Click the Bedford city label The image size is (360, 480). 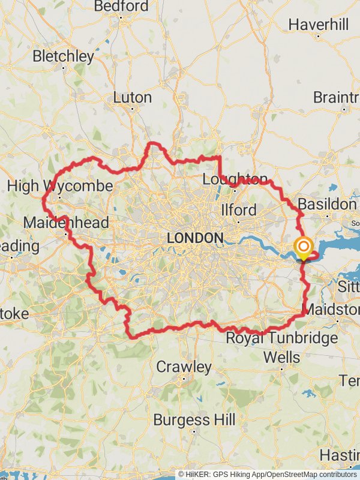[121, 7]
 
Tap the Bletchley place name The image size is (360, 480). [64, 56]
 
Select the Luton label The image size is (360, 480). [133, 97]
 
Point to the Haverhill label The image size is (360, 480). [318, 25]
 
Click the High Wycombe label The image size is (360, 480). [59, 186]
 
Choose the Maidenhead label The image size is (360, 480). [66, 223]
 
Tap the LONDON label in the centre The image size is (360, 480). [194, 238]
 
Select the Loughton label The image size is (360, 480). [235, 179]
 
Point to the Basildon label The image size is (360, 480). [327, 204]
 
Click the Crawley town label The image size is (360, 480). [184, 367]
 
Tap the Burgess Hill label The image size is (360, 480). [194, 420]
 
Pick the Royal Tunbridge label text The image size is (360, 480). [281, 338]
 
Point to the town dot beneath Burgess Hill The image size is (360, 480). [194, 430]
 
